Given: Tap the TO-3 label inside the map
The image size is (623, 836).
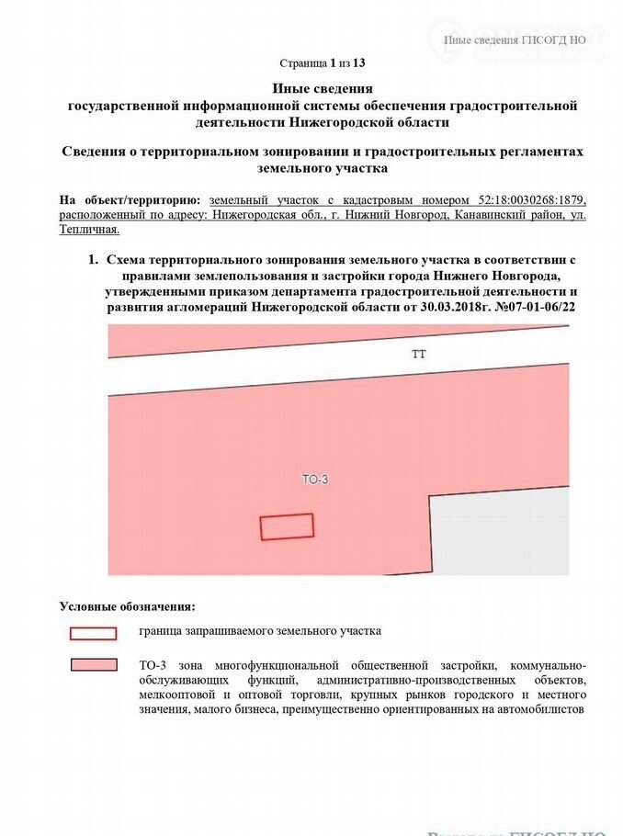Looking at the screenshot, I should point(315,479).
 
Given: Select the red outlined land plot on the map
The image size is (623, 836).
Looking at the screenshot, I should point(287,526).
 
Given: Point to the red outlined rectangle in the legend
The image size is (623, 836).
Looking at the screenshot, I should point(93,633).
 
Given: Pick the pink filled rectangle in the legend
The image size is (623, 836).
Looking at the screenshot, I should point(93,665).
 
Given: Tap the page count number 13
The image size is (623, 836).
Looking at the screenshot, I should point(359,63).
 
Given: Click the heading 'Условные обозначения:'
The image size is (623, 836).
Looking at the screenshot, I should point(127,606).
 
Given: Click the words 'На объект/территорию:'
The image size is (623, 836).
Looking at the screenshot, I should point(129,199).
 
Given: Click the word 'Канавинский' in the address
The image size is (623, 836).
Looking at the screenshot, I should point(491,214).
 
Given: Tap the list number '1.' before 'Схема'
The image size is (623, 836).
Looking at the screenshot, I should point(93,260).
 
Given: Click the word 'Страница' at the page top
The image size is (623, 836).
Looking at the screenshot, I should point(302,63).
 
